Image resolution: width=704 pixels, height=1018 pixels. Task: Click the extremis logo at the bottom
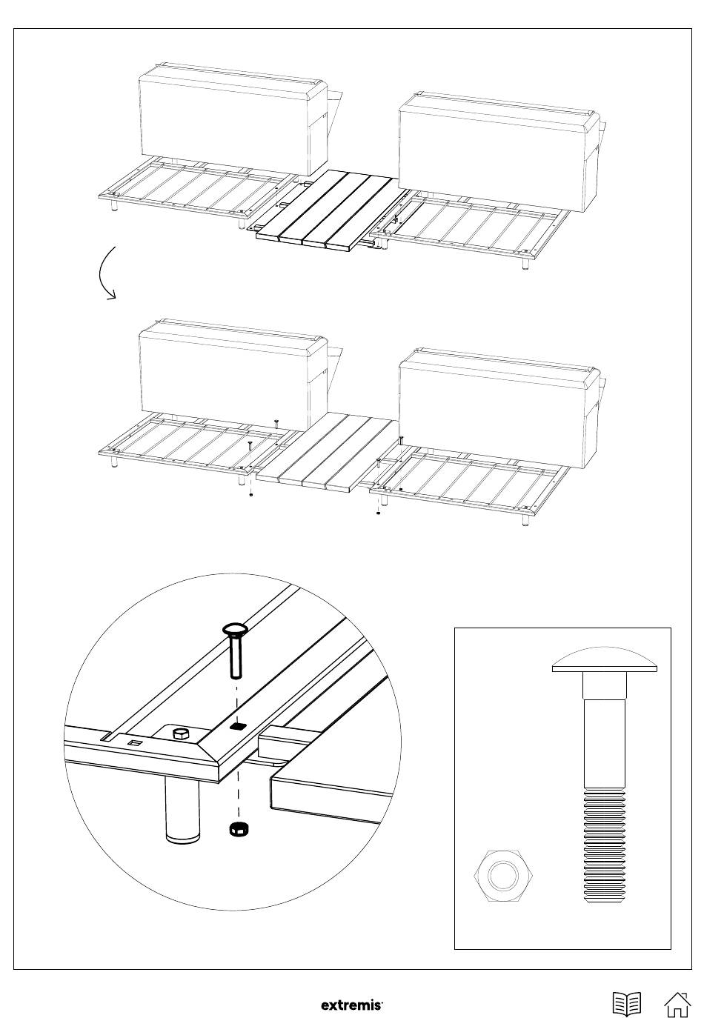352,1005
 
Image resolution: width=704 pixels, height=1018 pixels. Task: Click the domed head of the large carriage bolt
605,660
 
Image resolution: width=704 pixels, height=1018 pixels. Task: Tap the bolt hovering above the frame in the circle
233,651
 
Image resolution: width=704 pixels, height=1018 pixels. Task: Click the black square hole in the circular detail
236,727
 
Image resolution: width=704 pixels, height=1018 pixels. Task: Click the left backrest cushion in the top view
233,119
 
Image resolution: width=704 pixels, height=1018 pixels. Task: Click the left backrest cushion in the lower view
233,375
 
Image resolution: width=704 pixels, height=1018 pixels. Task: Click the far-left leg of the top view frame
114,206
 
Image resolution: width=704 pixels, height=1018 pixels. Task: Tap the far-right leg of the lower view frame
525,521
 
